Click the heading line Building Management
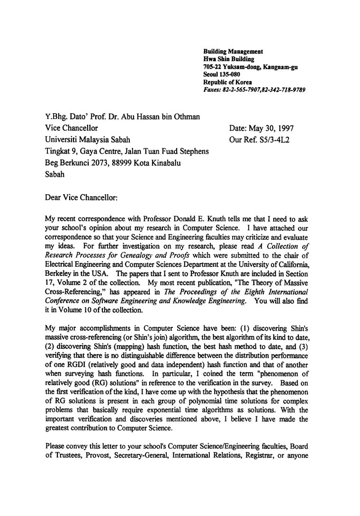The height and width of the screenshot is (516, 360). [233, 51]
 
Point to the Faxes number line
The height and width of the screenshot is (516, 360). [254, 90]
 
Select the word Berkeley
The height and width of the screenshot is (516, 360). [59, 273]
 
